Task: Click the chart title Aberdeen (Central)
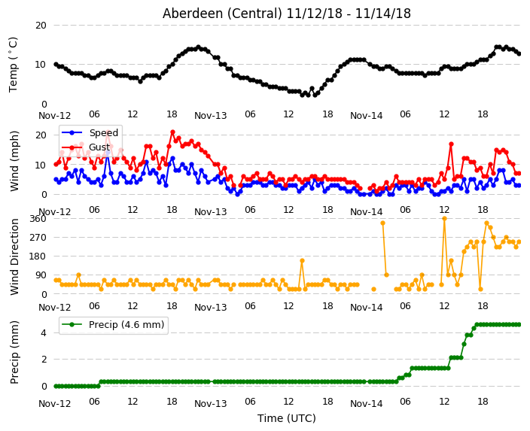pos(222,14)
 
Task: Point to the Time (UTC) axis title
pos(287,418)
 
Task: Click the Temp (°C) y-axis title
pos(13,65)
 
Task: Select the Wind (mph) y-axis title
pos(14,161)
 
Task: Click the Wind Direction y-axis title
pos(14,256)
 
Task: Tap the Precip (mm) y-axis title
pos(14,352)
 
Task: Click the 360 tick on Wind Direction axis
pos(38,219)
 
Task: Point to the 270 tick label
pos(38,238)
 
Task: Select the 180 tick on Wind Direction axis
pos(38,256)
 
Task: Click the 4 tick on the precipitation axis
pos(44,333)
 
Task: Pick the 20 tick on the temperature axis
pos(41,26)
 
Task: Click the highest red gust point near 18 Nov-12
pos(172,132)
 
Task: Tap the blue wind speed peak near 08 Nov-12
pos(108,153)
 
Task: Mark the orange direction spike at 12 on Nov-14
pos(444,219)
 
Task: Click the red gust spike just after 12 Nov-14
pos(451,144)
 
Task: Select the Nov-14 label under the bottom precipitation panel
pos(367,404)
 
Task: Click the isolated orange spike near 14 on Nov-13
pos(302,260)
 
